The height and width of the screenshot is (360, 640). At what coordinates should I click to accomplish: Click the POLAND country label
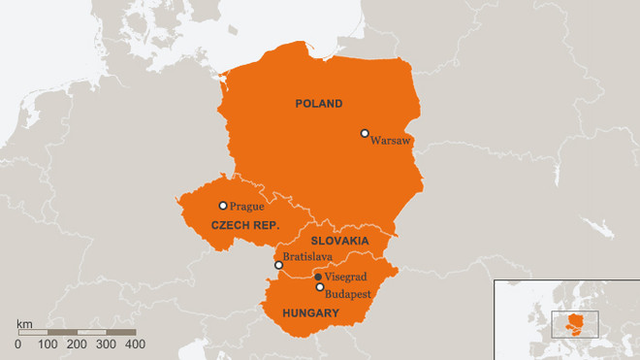tap(319, 104)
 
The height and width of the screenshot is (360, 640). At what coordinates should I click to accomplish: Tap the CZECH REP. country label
tap(245, 225)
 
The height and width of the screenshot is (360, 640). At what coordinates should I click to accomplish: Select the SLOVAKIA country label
tap(338, 240)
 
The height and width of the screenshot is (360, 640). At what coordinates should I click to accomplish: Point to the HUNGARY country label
tap(309, 313)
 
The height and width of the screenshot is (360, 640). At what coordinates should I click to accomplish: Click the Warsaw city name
tap(391, 141)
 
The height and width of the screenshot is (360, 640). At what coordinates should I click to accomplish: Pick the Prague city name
tap(246, 206)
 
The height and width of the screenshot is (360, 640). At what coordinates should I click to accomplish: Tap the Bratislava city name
tap(308, 257)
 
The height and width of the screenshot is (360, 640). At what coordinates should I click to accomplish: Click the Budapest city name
tap(349, 293)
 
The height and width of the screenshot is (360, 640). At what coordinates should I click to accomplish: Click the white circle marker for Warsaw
tap(365, 133)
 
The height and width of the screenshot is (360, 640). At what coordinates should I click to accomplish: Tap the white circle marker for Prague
tap(223, 205)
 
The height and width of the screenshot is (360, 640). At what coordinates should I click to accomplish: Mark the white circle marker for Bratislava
tap(279, 265)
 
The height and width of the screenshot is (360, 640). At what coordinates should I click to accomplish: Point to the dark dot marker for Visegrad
tap(319, 277)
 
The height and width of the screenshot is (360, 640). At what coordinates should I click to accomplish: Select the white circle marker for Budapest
tap(320, 287)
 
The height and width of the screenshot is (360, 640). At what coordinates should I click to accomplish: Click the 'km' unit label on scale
tap(25, 322)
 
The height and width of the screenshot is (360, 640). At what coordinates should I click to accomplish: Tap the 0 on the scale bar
tap(18, 344)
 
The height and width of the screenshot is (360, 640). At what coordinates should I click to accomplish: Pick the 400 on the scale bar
tap(135, 344)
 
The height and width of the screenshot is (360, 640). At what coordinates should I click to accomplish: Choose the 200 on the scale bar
tap(76, 344)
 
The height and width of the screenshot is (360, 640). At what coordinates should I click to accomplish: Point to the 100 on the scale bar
tap(48, 344)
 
